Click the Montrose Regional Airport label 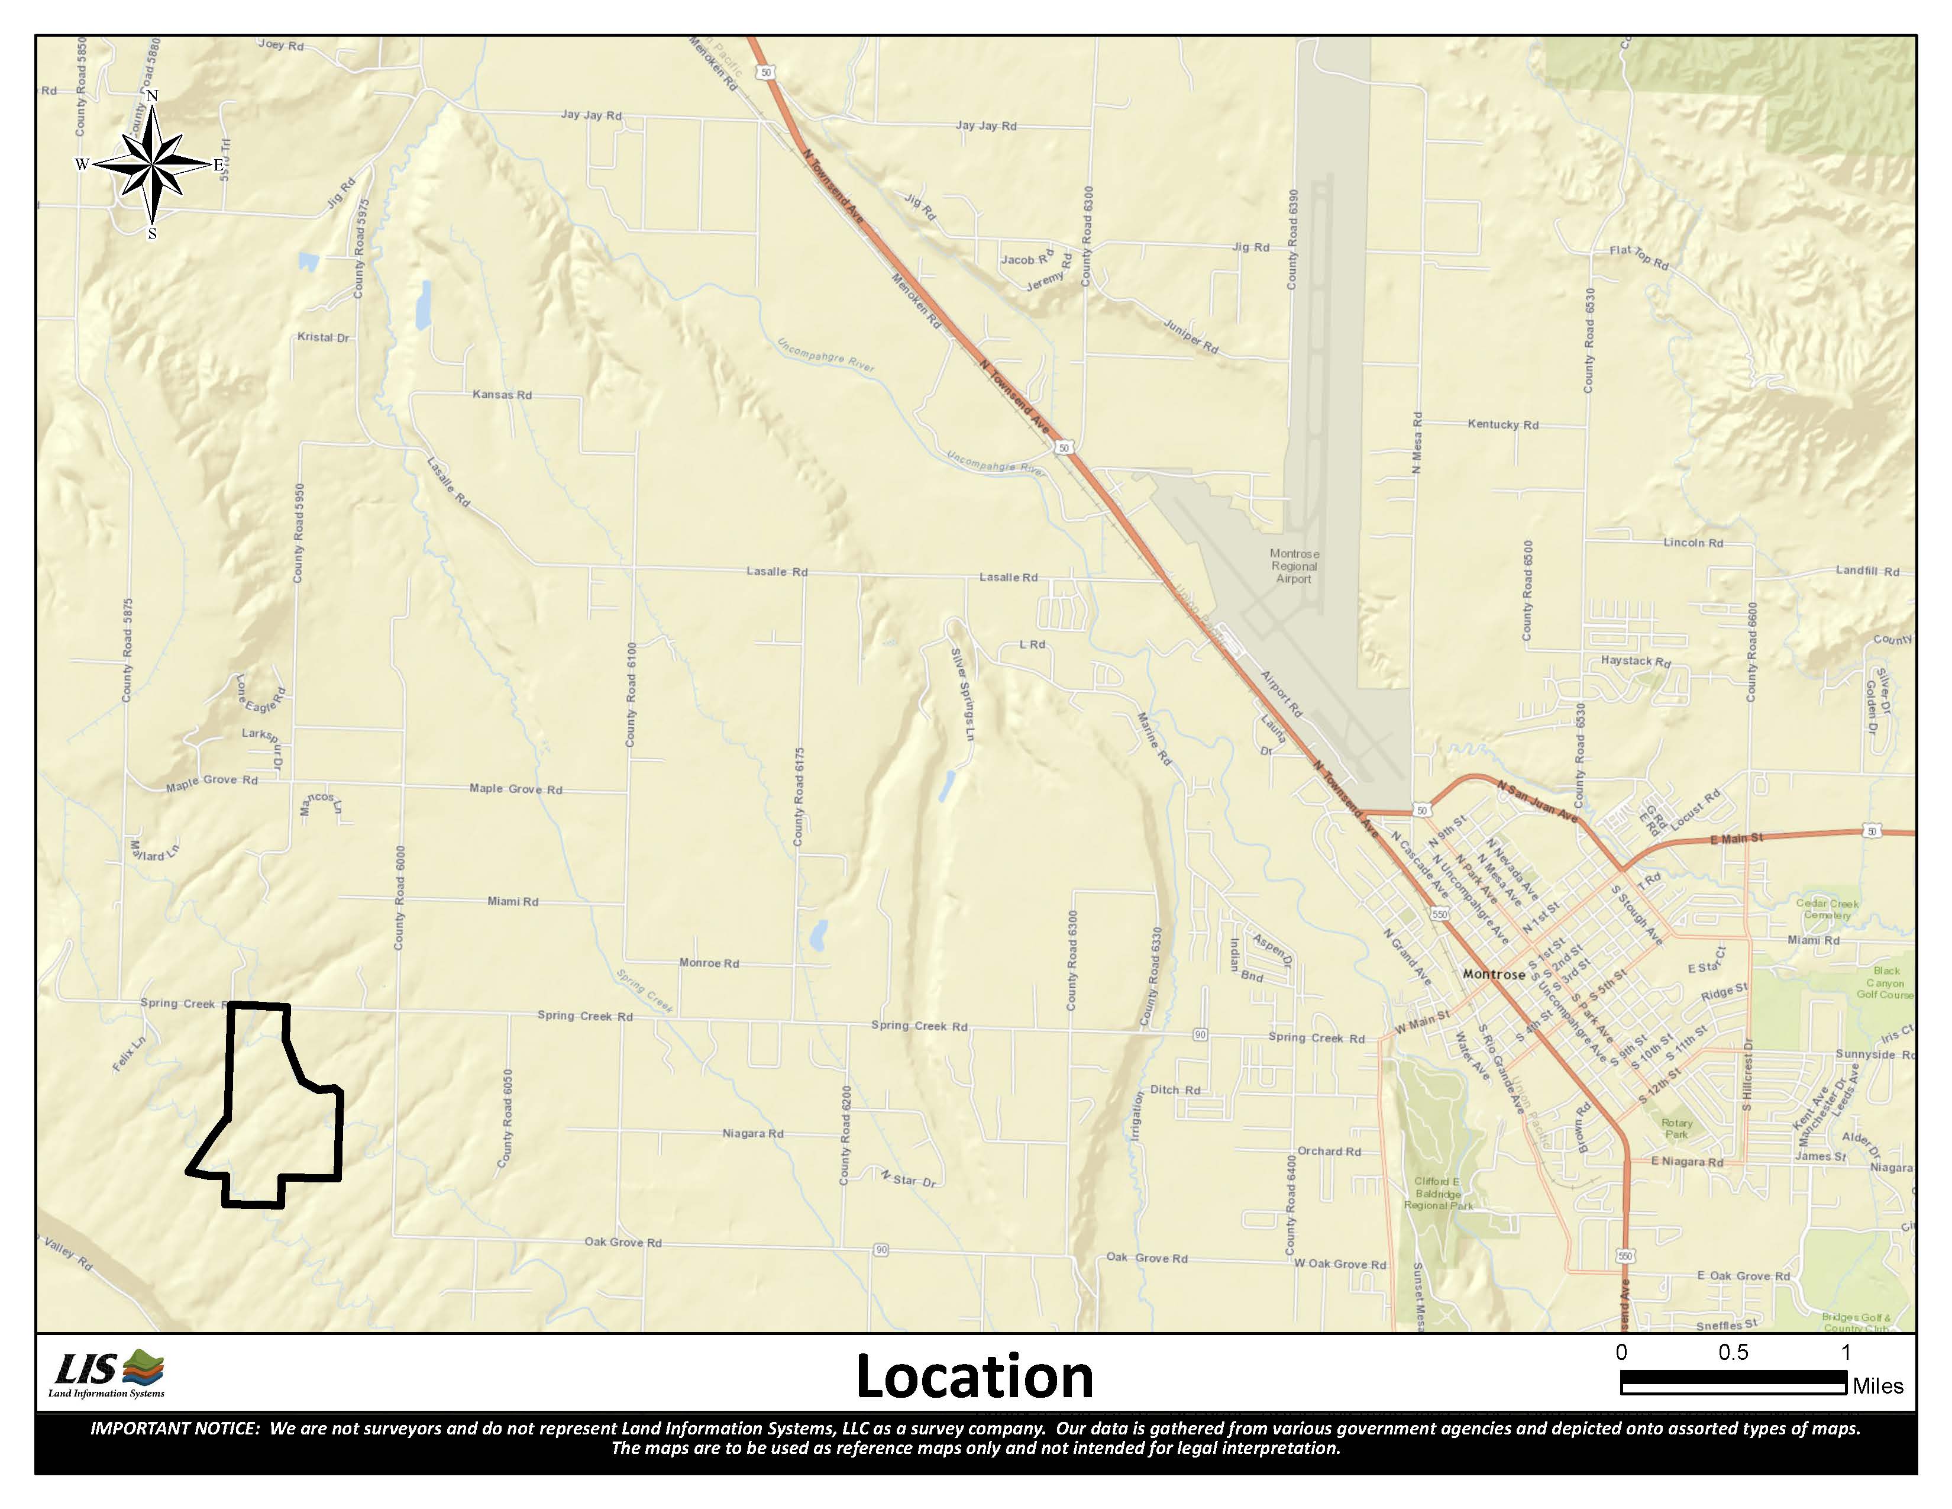click(x=1293, y=566)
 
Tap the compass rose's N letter click(x=152, y=96)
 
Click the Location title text click(x=974, y=1376)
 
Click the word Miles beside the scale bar click(x=1878, y=1386)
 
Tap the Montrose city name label click(x=1494, y=975)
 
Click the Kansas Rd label click(x=502, y=394)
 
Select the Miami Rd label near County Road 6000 click(x=512, y=901)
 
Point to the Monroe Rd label click(x=709, y=963)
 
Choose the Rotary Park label click(x=1677, y=1128)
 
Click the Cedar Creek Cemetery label click(x=1827, y=908)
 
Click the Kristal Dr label click(x=322, y=337)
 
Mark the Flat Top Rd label click(x=1638, y=257)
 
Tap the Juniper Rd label click(x=1191, y=335)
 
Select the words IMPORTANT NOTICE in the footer click(x=174, y=1429)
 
